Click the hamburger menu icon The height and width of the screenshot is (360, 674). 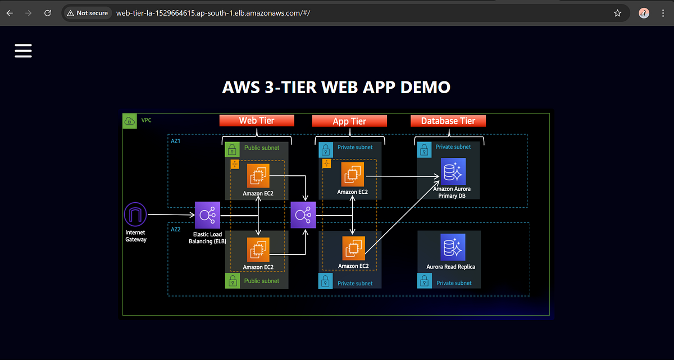tap(23, 51)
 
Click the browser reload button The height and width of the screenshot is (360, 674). tap(48, 13)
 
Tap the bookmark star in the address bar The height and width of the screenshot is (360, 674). tap(617, 13)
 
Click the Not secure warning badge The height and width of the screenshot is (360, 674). tap(87, 13)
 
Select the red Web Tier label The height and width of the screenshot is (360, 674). tap(257, 121)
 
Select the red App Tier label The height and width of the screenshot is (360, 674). tap(349, 121)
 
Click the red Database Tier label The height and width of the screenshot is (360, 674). tap(448, 121)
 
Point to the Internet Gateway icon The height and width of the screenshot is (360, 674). tap(135, 215)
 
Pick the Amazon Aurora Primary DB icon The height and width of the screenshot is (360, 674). tap(453, 171)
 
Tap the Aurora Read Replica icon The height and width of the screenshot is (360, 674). tap(453, 248)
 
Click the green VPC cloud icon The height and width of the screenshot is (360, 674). tap(130, 121)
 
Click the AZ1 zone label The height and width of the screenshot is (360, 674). tap(176, 141)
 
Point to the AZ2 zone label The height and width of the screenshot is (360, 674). tap(176, 230)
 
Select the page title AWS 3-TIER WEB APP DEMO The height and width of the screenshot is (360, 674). tap(336, 88)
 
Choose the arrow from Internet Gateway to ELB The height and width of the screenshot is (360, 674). tap(171, 215)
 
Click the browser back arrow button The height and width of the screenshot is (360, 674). tap(10, 13)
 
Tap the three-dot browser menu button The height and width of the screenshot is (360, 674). tap(663, 13)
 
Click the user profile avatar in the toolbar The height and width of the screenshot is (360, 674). tap(644, 13)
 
